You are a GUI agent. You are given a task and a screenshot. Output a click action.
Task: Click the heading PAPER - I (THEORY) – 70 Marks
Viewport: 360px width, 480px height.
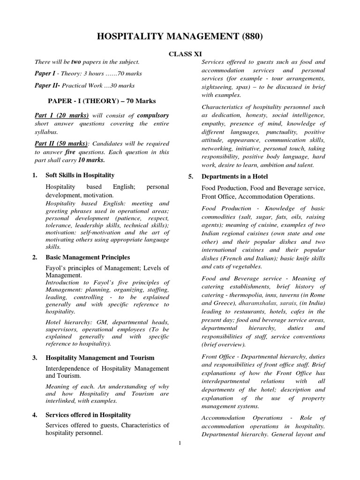(102, 100)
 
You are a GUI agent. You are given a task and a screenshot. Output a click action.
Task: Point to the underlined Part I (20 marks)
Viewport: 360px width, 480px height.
(62, 115)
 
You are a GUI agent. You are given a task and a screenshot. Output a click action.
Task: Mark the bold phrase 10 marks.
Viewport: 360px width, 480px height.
(92, 160)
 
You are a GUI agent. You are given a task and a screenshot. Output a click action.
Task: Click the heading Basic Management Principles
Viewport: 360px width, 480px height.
(88, 257)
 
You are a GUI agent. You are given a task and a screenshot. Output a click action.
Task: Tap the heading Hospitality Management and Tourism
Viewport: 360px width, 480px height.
(100, 358)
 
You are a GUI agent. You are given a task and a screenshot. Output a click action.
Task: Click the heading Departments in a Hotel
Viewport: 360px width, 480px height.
(234, 176)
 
